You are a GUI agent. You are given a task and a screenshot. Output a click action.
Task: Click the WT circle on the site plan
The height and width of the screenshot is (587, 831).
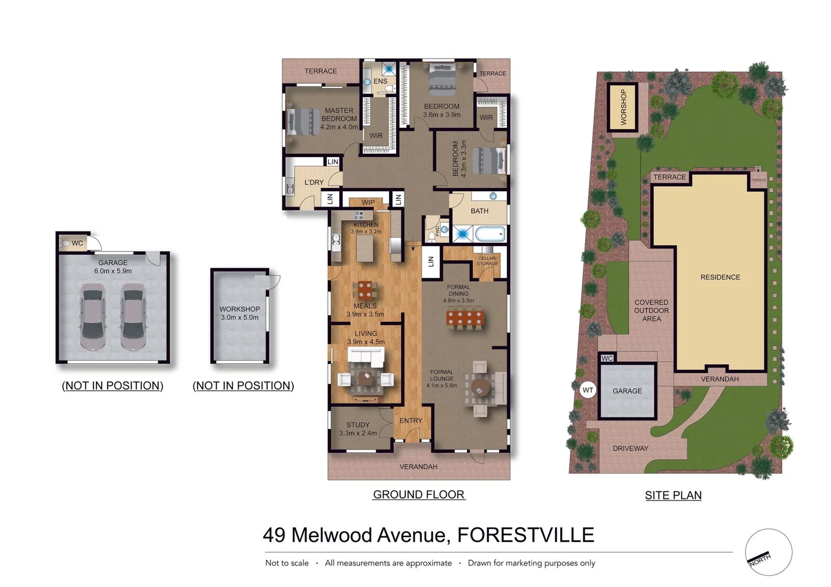pyautogui.click(x=588, y=390)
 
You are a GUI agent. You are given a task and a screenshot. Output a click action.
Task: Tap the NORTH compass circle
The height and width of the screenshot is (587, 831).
pyautogui.click(x=768, y=552)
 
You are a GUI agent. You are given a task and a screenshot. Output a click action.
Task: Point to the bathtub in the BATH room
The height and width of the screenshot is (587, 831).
pyautogui.click(x=490, y=235)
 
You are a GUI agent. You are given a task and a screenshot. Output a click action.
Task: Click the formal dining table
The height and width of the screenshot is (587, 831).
pyautogui.click(x=464, y=317)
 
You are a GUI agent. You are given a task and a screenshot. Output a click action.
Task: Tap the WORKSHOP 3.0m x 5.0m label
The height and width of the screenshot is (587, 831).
pyautogui.click(x=239, y=313)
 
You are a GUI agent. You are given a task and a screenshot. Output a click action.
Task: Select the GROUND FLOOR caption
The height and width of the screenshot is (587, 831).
pyautogui.click(x=418, y=495)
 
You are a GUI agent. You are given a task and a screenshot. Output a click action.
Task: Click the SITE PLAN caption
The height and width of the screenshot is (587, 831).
pyautogui.click(x=673, y=495)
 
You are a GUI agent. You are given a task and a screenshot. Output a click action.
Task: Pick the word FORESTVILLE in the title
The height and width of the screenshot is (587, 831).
pyautogui.click(x=525, y=535)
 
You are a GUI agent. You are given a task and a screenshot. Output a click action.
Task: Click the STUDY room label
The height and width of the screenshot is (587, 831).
pyautogui.click(x=358, y=429)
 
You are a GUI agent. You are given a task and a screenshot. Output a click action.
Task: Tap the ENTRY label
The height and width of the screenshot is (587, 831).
pyautogui.click(x=411, y=421)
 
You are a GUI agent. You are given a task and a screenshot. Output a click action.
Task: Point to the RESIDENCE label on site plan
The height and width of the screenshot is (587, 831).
pyautogui.click(x=720, y=277)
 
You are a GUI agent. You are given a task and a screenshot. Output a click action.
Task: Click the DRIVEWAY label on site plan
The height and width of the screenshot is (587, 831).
pyautogui.click(x=630, y=448)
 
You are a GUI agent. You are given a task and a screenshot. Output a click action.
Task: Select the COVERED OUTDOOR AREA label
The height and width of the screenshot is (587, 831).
pyautogui.click(x=651, y=310)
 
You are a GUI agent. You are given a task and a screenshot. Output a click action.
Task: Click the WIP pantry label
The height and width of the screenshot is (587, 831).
pyautogui.click(x=368, y=202)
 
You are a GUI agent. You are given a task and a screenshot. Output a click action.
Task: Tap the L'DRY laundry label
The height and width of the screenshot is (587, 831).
pyautogui.click(x=314, y=183)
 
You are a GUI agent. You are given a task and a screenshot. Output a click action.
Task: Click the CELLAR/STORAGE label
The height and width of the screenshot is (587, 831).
pyautogui.click(x=487, y=261)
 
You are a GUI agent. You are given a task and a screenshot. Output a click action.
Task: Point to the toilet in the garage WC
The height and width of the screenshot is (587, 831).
pyautogui.click(x=65, y=243)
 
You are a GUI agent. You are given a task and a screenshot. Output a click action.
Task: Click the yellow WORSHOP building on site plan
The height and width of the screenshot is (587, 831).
pyautogui.click(x=623, y=107)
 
